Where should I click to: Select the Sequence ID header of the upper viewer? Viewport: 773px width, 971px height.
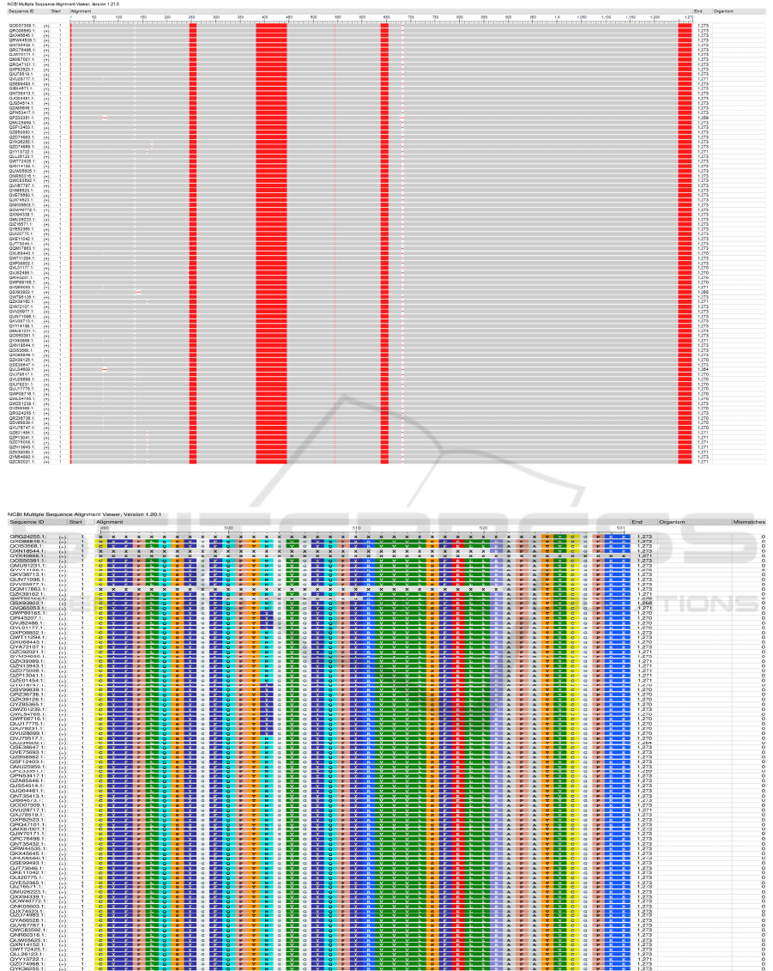(21, 11)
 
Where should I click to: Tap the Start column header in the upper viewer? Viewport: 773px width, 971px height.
(56, 11)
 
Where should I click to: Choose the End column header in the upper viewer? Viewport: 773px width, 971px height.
(698, 11)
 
